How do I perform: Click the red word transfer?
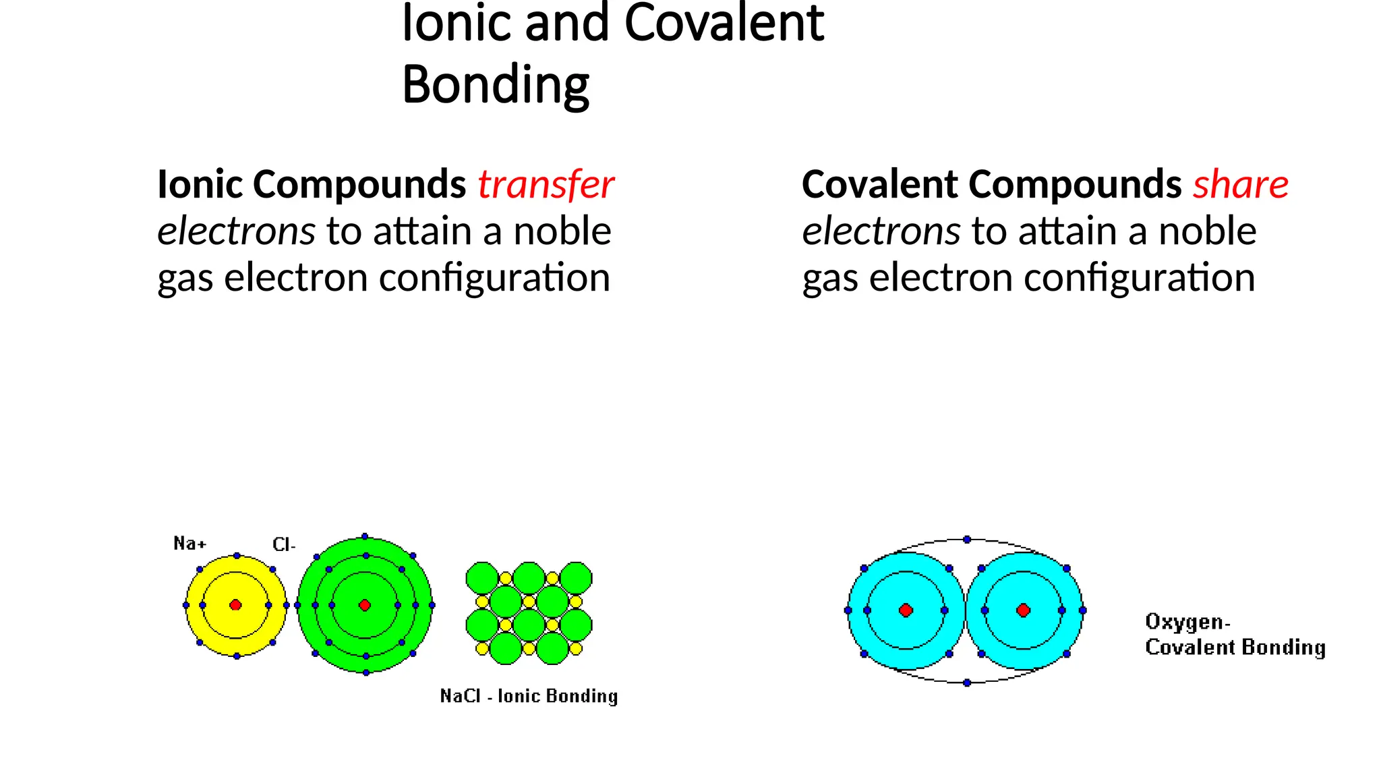pos(546,185)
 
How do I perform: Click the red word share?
pos(1241,185)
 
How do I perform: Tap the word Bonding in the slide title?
pos(496,85)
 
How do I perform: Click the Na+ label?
pos(189,544)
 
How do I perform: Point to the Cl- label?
pos(284,545)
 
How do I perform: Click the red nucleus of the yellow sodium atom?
pos(235,605)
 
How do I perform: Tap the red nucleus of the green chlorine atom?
pos(365,605)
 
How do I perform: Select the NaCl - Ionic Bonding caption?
pos(529,696)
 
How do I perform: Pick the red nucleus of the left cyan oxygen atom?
pos(906,610)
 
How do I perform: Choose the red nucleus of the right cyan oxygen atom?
pos(1024,610)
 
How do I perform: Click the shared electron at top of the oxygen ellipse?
pos(967,540)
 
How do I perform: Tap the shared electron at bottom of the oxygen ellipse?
pos(967,683)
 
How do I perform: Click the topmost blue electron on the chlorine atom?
pos(365,536)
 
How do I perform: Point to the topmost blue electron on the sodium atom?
pos(237,556)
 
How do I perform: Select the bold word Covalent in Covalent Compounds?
pos(880,185)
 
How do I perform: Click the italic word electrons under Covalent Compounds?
pos(881,231)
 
